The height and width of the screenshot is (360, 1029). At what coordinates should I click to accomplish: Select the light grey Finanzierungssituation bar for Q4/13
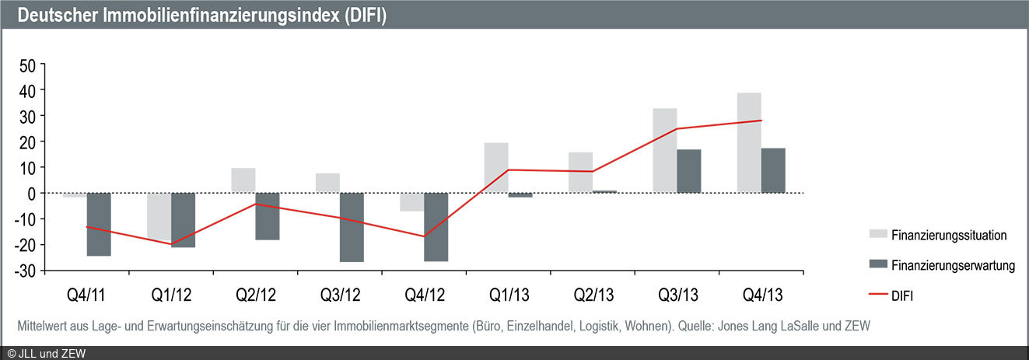[x=749, y=143]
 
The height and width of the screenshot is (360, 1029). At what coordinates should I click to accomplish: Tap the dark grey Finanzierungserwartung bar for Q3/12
[x=352, y=227]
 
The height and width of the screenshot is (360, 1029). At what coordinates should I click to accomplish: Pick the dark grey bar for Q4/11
[x=98, y=224]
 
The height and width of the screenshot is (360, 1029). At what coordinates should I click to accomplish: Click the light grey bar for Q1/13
[x=496, y=168]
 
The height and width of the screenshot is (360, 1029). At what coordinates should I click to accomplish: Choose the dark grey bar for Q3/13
[x=688, y=171]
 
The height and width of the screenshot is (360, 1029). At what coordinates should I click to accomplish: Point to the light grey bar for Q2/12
[x=243, y=180]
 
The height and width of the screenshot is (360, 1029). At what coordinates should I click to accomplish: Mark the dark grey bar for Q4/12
[x=436, y=227]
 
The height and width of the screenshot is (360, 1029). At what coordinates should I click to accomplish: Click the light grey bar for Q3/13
[x=664, y=151]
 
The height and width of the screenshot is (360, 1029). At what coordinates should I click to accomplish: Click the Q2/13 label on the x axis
[x=592, y=296]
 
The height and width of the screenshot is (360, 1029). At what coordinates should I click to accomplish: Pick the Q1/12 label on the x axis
[x=171, y=296]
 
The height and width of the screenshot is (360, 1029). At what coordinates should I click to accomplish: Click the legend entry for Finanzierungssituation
[x=950, y=235]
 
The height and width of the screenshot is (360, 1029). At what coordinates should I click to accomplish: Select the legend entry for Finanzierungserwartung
[x=954, y=266]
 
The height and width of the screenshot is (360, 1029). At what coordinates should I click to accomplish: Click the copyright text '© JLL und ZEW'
[x=47, y=354]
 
